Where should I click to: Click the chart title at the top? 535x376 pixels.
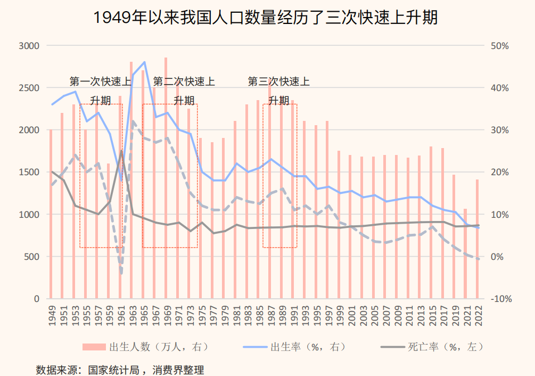click(x=266, y=18)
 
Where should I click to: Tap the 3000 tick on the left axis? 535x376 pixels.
click(x=29, y=46)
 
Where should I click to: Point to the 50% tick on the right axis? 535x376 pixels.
click(x=499, y=46)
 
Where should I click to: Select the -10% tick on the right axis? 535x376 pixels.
click(x=500, y=299)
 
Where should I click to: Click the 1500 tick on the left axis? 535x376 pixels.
click(x=29, y=172)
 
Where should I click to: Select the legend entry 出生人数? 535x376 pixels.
click(x=144, y=347)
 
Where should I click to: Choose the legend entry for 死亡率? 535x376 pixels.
click(x=431, y=347)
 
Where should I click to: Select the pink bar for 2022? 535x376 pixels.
click(x=477, y=240)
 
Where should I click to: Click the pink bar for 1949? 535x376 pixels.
click(x=51, y=213)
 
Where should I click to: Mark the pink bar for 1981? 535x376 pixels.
click(x=235, y=208)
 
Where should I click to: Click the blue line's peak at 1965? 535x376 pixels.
click(x=144, y=62)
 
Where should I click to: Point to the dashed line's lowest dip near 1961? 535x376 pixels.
click(x=121, y=273)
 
